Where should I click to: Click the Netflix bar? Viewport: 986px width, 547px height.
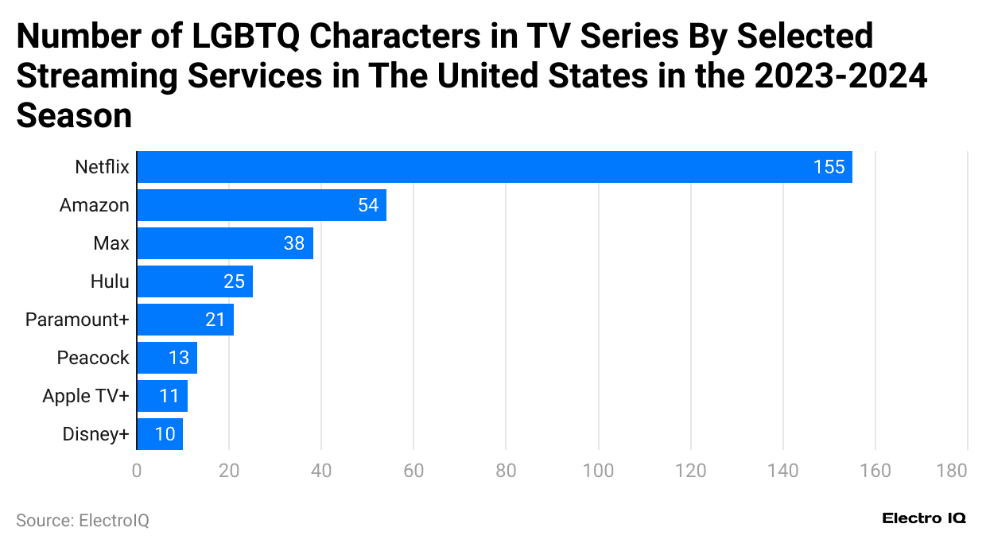[x=494, y=167]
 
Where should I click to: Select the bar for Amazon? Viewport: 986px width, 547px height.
[x=262, y=205]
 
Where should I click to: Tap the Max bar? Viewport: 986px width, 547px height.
[x=225, y=243]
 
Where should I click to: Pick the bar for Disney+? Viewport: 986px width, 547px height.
[x=160, y=434]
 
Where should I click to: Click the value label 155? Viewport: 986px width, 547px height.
[x=829, y=167]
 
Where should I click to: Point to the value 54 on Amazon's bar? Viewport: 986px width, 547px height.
[x=368, y=205]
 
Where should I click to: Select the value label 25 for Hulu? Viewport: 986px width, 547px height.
[x=235, y=281]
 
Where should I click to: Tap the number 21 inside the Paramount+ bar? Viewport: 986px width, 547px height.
[x=215, y=320]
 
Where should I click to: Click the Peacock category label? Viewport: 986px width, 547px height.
[x=92, y=358]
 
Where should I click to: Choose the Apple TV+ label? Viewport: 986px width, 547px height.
[x=85, y=396]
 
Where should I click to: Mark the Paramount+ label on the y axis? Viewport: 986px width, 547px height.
[x=76, y=320]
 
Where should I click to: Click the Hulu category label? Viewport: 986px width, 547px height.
[x=110, y=281]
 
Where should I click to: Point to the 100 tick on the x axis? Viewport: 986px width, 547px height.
[x=598, y=471]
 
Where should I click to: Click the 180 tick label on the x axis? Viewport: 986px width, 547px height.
[x=952, y=471]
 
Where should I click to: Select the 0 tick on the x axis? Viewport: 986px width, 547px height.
[x=137, y=471]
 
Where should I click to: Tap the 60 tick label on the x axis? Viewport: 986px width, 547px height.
[x=413, y=471]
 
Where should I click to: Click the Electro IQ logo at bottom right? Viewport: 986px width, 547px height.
[x=924, y=518]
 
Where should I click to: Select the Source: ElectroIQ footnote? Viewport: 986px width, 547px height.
[x=83, y=521]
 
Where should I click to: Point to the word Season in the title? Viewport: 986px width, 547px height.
[x=74, y=115]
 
